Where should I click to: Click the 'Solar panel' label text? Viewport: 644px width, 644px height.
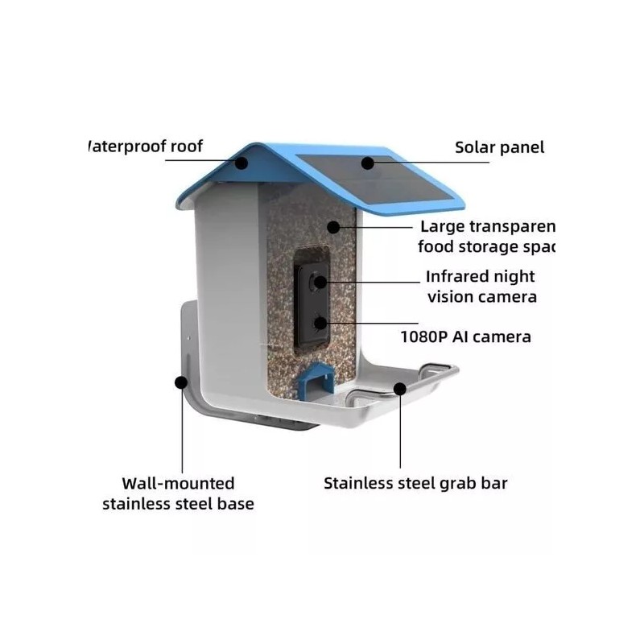click(x=499, y=147)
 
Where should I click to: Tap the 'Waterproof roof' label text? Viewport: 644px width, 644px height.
click(x=145, y=147)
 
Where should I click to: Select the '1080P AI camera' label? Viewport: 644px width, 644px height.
click(x=465, y=336)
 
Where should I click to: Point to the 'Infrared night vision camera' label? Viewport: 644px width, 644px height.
click(x=481, y=287)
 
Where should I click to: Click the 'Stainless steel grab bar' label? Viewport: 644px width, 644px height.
click(x=415, y=484)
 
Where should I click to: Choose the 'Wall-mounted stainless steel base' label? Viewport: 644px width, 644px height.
click(x=177, y=493)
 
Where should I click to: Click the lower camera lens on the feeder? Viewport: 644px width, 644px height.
click(x=321, y=324)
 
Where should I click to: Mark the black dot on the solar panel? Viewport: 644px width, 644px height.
click(x=367, y=162)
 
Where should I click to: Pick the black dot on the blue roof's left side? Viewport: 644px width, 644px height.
click(x=242, y=162)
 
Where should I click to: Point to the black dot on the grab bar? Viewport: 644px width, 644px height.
click(x=400, y=389)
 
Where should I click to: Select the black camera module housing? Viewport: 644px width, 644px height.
click(x=312, y=303)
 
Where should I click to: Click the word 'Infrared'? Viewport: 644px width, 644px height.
click(x=458, y=277)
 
